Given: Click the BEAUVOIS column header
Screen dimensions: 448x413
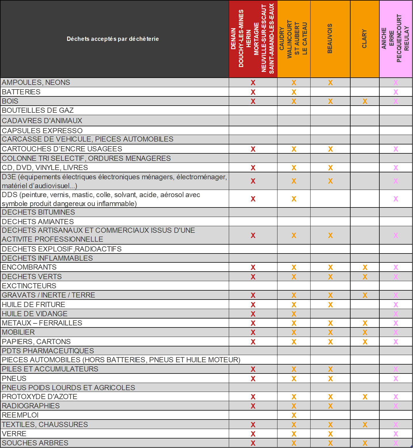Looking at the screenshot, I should (330, 39).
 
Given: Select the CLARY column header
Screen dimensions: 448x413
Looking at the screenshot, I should (364, 39).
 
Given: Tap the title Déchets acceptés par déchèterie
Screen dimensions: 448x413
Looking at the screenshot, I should (113, 39).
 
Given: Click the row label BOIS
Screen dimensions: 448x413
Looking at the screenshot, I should (10, 101).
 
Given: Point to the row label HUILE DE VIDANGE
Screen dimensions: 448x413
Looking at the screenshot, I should (35, 314).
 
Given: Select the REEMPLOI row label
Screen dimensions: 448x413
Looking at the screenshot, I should (20, 415).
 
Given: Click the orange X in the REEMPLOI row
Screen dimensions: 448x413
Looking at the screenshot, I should (294, 415).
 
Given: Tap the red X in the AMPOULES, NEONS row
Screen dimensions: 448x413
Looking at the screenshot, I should (253, 83).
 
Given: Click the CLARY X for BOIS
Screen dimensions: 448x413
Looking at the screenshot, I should (365, 101).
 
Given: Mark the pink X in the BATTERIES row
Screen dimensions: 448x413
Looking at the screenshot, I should (396, 92).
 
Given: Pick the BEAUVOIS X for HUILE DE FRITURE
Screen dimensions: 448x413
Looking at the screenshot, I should (330, 304).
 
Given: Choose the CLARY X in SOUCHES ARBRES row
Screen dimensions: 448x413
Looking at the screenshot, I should (365, 443).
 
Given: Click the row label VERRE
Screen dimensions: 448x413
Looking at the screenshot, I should (14, 434).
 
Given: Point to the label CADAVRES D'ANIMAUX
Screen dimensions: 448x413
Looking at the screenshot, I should (42, 121).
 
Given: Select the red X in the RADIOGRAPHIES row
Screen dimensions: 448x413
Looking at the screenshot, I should (253, 406).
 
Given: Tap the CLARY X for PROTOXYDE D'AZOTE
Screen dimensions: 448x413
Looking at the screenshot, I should (365, 397).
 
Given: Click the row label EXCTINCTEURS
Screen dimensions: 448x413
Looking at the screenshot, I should (29, 286).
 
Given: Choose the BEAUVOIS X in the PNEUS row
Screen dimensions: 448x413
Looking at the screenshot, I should (330, 379).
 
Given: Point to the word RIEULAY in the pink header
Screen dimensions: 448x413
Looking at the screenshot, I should (406, 39).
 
